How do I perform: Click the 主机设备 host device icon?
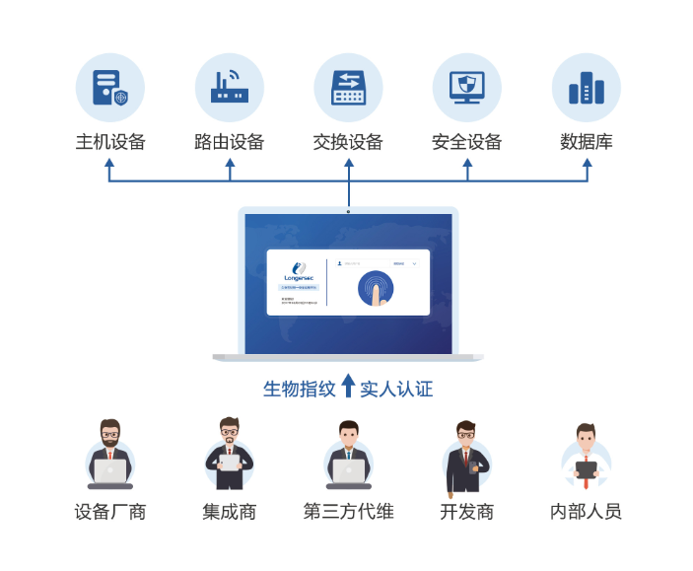(x=110, y=88)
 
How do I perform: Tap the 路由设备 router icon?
(x=230, y=88)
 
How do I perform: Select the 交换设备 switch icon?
(x=348, y=88)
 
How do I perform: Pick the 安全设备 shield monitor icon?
(x=467, y=88)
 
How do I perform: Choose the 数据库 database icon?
(x=587, y=88)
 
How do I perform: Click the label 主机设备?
(x=110, y=142)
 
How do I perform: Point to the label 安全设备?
(x=467, y=142)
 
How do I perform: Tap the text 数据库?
(x=587, y=142)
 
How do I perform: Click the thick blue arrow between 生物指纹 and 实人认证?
(x=348, y=386)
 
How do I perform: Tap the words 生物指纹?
(x=300, y=389)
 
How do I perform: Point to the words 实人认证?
(x=396, y=389)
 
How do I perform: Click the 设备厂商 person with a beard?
(x=110, y=455)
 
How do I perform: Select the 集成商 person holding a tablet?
(x=229, y=455)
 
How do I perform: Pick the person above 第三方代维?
(x=348, y=455)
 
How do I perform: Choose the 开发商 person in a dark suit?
(x=466, y=455)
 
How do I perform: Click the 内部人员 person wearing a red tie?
(x=587, y=455)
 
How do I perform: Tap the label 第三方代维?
(x=348, y=512)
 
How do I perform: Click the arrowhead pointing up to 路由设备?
(x=230, y=163)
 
